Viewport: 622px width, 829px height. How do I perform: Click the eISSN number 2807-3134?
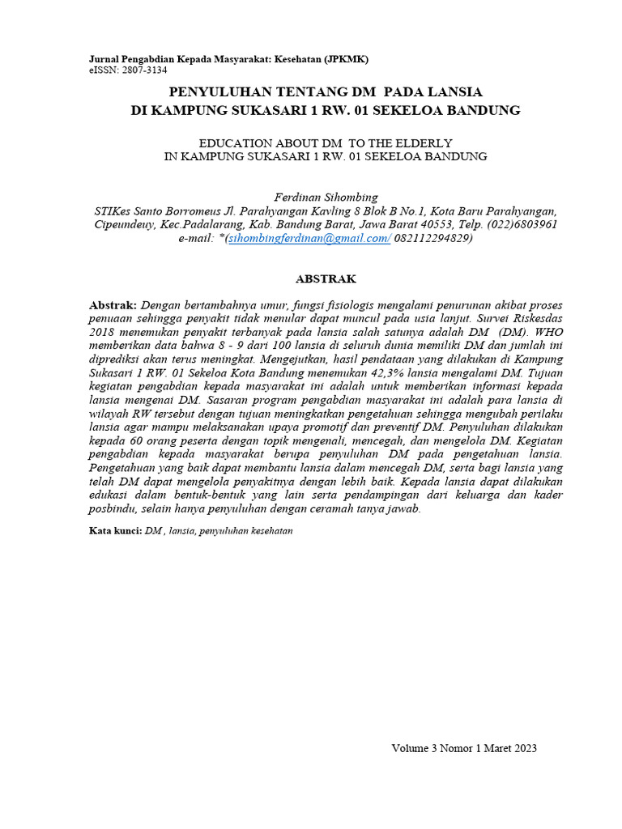tap(145, 71)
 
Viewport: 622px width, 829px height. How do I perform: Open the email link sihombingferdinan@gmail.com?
tap(309, 238)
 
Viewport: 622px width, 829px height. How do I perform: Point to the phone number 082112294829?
tap(432, 238)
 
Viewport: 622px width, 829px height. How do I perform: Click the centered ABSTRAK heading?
tap(326, 278)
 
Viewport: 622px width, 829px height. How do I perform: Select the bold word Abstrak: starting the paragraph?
tap(113, 305)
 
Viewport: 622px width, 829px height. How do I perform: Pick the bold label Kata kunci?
tap(114, 531)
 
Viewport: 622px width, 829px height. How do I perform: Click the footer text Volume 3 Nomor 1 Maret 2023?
tap(464, 748)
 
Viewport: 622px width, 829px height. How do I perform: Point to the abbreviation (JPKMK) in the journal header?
tap(346, 60)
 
